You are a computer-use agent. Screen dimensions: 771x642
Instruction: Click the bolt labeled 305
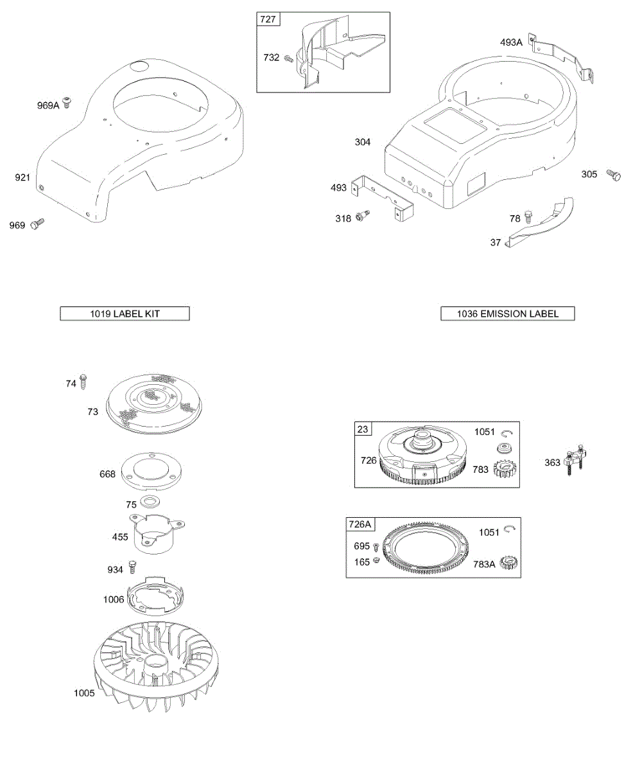(x=613, y=174)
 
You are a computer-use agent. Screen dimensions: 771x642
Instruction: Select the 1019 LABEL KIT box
(x=125, y=314)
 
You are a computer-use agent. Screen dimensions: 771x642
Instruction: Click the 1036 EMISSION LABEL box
(x=507, y=314)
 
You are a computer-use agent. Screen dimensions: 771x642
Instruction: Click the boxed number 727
(x=268, y=20)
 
